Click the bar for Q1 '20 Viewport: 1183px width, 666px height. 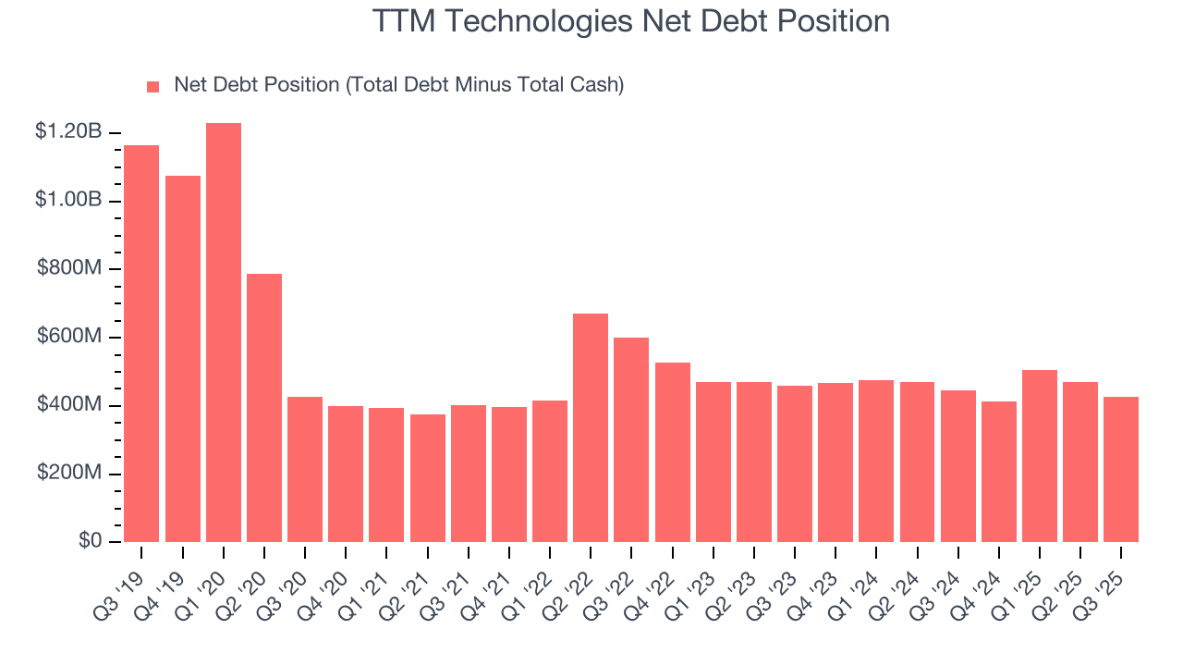click(224, 333)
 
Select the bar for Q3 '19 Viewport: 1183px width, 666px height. click(141, 344)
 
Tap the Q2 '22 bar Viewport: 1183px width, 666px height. click(591, 428)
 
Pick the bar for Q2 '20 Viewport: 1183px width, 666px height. click(264, 408)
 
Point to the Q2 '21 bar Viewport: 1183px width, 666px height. click(428, 478)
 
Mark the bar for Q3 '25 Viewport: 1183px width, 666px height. click(1121, 470)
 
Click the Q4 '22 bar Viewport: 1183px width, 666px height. click(673, 452)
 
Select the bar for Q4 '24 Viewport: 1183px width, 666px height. click(999, 472)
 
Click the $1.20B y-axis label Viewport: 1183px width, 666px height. click(68, 132)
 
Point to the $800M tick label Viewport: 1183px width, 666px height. click(68, 269)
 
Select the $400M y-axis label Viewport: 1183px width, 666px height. click(68, 405)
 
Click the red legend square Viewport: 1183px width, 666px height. click(153, 86)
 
